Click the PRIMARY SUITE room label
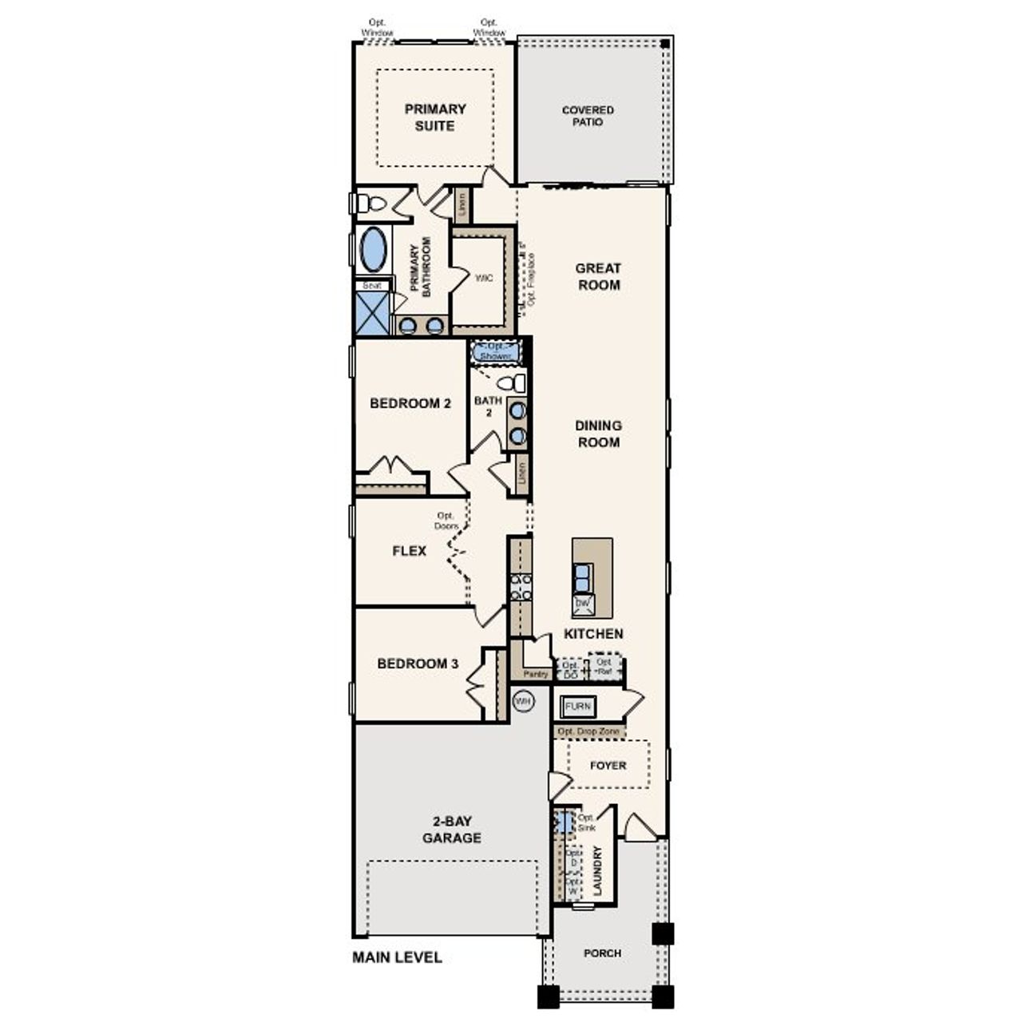click(x=434, y=117)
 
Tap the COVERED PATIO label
click(x=588, y=116)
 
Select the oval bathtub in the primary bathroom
click(x=373, y=250)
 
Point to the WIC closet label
click(x=484, y=278)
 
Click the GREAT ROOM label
click(x=598, y=276)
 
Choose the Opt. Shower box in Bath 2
click(x=496, y=351)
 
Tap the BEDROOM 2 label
click(x=410, y=403)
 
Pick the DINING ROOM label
click(x=598, y=434)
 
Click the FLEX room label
click(x=409, y=551)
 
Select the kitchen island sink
click(x=584, y=576)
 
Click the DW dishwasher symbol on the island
click(x=582, y=604)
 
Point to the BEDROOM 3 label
click(x=417, y=664)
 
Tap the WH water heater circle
click(x=523, y=701)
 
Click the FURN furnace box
click(x=577, y=707)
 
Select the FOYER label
click(x=608, y=765)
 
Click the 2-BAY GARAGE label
click(x=451, y=830)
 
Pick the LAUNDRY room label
click(x=597, y=871)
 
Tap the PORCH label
click(x=602, y=953)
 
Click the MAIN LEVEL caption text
click(x=397, y=957)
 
